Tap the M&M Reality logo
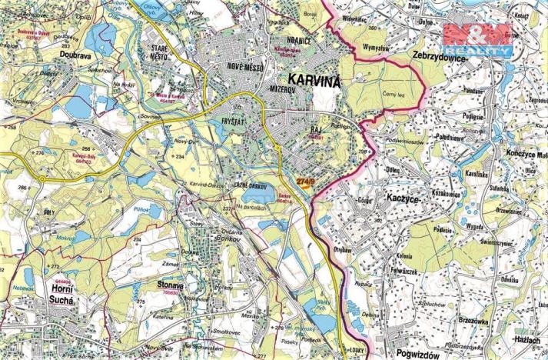point(477,38)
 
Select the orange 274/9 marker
point(305,182)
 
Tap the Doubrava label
point(77,55)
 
